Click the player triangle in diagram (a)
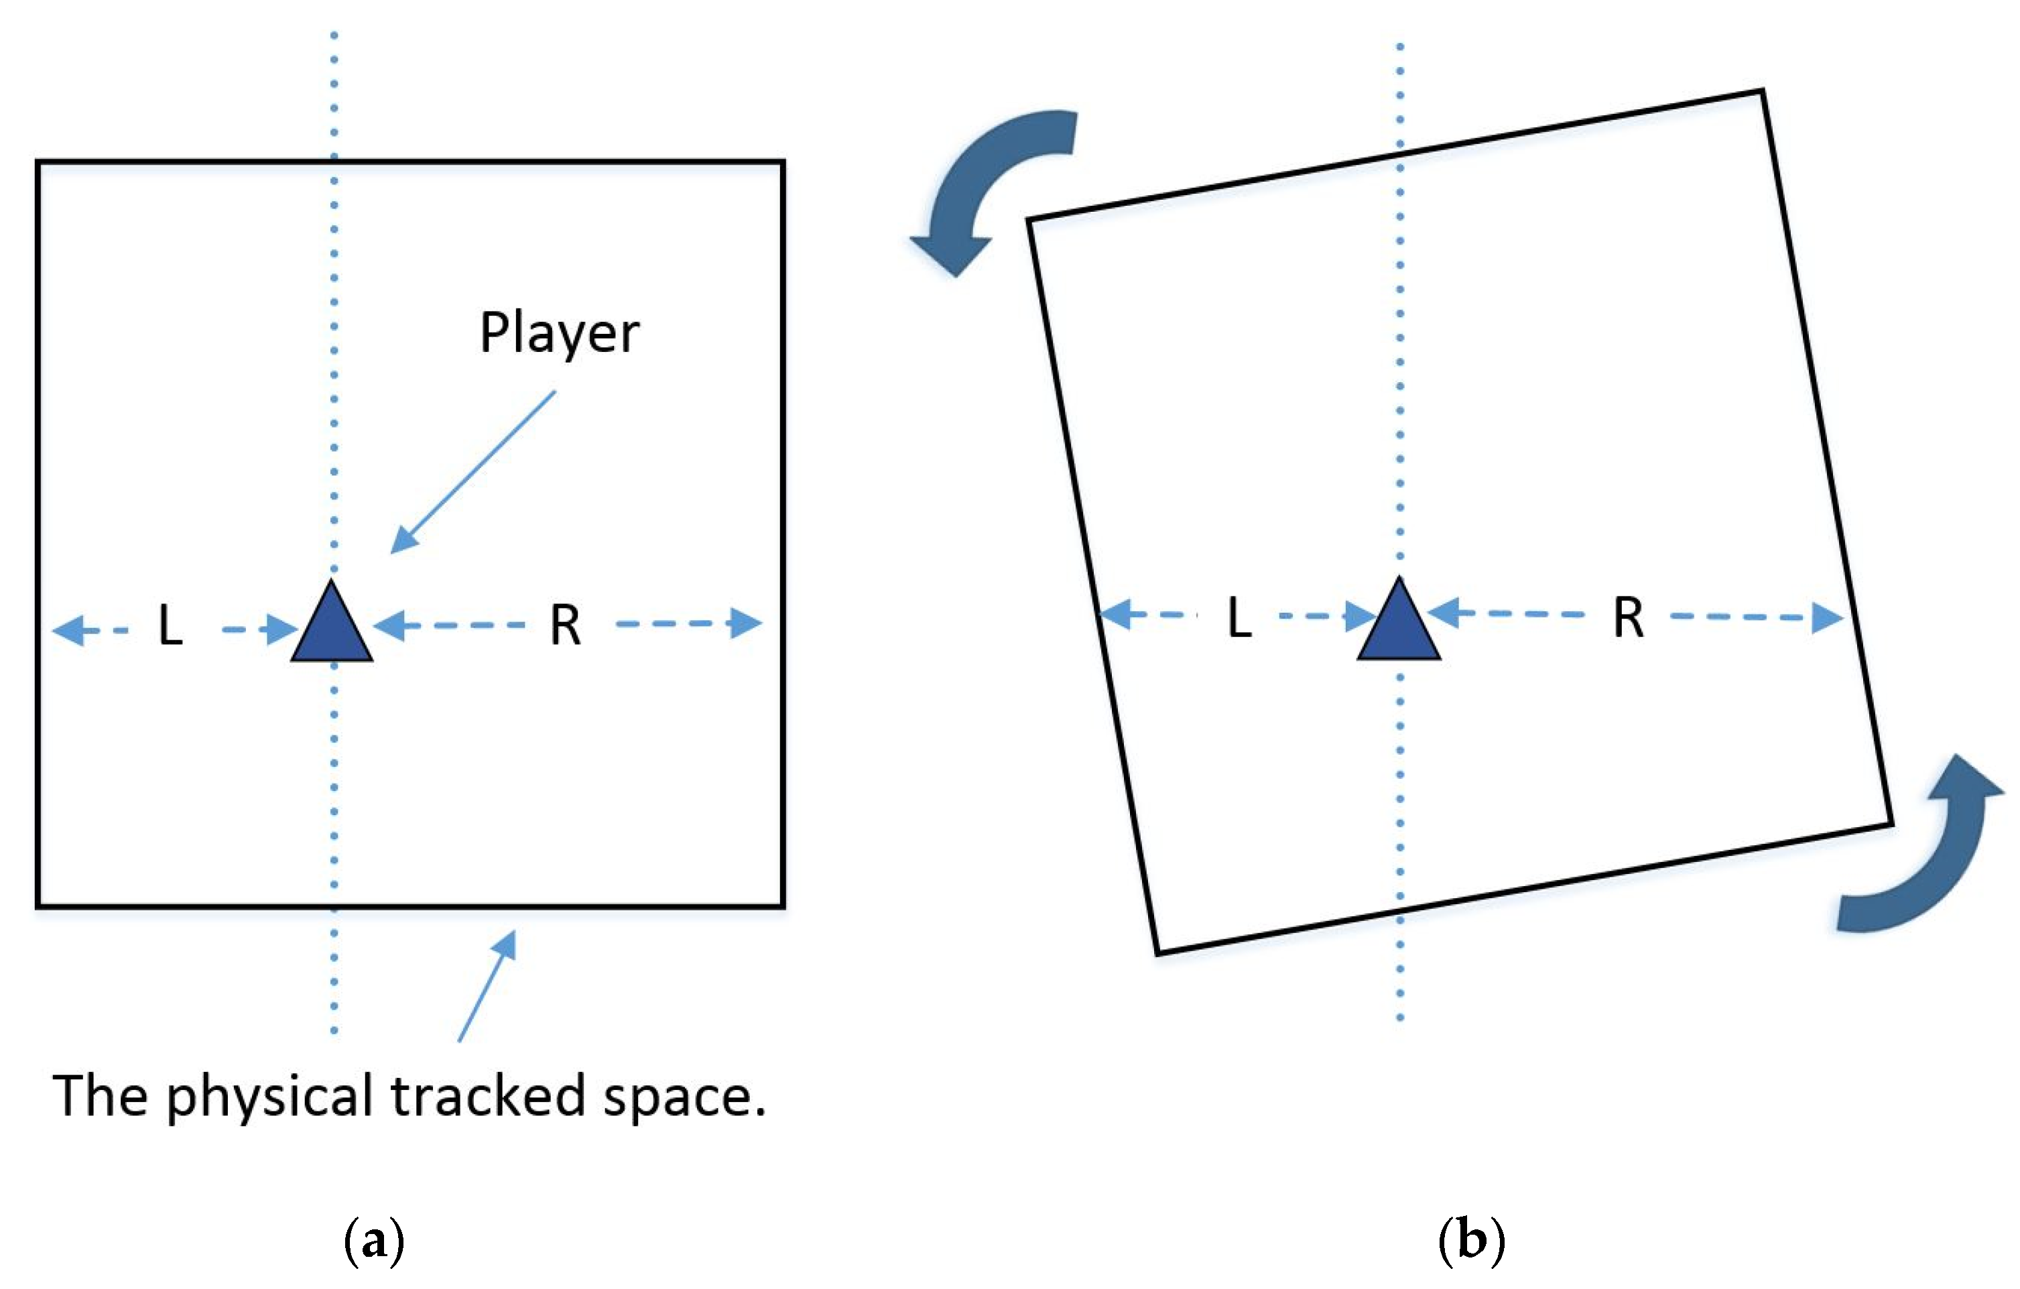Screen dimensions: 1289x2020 pos(332,630)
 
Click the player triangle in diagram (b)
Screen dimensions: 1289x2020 pos(1399,627)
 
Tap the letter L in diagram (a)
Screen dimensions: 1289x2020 pos(170,626)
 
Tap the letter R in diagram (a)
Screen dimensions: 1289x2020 pos(566,626)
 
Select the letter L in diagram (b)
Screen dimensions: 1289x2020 pos(1240,619)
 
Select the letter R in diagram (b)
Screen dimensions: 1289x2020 pos(1628,619)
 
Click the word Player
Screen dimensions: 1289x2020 pos(559,334)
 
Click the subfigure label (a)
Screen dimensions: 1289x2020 pos(374,1239)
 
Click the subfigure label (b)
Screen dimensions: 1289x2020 pos(1471,1239)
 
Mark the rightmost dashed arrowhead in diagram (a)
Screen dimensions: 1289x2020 pos(746,623)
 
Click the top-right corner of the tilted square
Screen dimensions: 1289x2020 pos(1761,91)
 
